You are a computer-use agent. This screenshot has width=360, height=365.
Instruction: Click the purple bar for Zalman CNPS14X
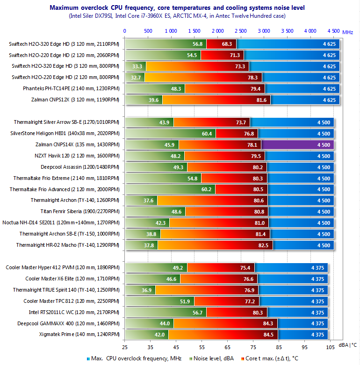click(x=297, y=145)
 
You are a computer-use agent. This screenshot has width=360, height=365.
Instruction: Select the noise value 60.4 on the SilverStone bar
click(x=207, y=134)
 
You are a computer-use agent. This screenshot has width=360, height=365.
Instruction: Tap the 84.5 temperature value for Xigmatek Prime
click(x=268, y=335)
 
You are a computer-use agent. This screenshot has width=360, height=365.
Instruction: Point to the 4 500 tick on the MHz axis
click(x=333, y=31)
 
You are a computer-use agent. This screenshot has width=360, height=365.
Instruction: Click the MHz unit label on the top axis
click(x=347, y=32)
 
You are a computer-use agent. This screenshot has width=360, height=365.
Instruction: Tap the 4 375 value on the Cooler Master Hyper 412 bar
click(x=317, y=268)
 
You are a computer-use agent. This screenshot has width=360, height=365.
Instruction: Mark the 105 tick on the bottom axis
click(x=330, y=347)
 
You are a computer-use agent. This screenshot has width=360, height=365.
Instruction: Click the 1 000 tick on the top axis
click(x=171, y=31)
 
